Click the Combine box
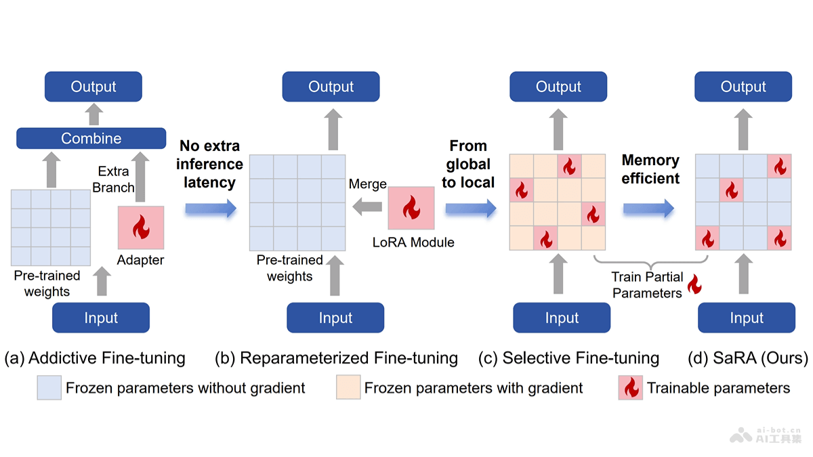[x=91, y=138]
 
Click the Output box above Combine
[x=93, y=87]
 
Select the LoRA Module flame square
[x=411, y=209]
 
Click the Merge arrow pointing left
[x=367, y=208]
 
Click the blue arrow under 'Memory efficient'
[x=648, y=208]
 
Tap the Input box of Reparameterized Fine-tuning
[x=335, y=318]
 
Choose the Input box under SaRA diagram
[x=747, y=318]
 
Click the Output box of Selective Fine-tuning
[x=558, y=87]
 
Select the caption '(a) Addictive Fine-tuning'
[x=95, y=357]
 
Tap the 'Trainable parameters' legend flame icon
[x=630, y=388]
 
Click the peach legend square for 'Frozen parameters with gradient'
[x=348, y=388]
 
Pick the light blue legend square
[x=49, y=388]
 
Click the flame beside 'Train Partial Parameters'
[x=694, y=284]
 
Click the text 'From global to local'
[x=468, y=164]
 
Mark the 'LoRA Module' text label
[x=413, y=242]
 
